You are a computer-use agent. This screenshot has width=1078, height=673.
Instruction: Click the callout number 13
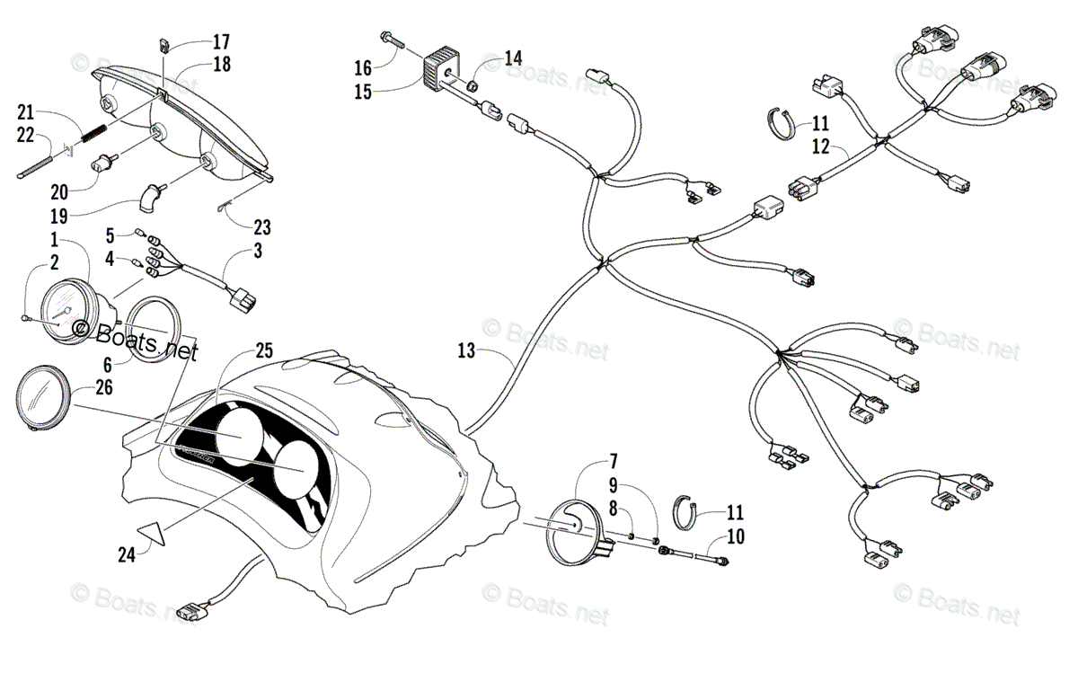tap(465, 351)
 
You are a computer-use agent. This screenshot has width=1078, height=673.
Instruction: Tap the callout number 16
tap(362, 67)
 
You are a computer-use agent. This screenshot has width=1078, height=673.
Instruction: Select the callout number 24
tap(126, 554)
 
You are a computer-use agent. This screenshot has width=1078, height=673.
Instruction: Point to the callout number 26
tap(105, 388)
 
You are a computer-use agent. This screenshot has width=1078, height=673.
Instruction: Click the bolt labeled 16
tap(392, 40)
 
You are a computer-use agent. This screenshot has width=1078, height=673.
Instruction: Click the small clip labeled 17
tap(164, 44)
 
